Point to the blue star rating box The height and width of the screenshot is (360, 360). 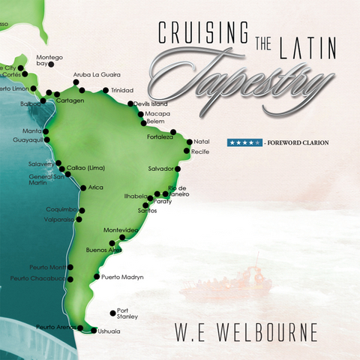244,142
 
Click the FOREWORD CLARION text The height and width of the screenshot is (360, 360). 298,142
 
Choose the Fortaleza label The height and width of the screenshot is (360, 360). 160,136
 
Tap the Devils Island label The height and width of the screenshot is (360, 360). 148,103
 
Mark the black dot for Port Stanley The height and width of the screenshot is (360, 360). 113,313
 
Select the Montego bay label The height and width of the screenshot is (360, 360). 49,61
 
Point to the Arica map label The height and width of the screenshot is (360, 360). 95,187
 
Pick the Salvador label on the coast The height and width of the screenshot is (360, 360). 161,168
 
